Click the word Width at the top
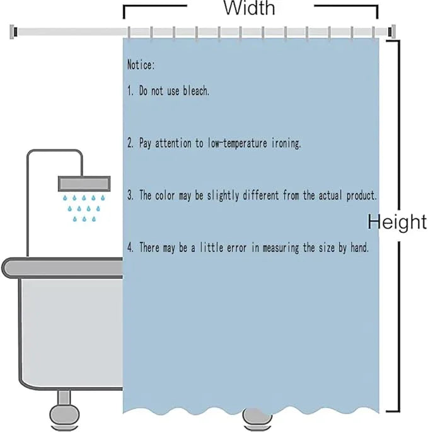[249, 8]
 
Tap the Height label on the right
[397, 222]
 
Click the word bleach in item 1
[196, 91]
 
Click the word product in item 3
[362, 195]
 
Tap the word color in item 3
[165, 195]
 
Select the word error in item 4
[236, 247]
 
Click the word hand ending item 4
[359, 247]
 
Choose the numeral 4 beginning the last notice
[130, 247]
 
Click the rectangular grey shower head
[84, 183]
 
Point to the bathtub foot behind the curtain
[257, 420]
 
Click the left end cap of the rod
[13, 31]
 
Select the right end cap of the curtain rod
[391, 31]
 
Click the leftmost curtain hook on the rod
[129, 33]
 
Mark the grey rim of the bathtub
[62, 268]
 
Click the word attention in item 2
[173, 144]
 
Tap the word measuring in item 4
[281, 247]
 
